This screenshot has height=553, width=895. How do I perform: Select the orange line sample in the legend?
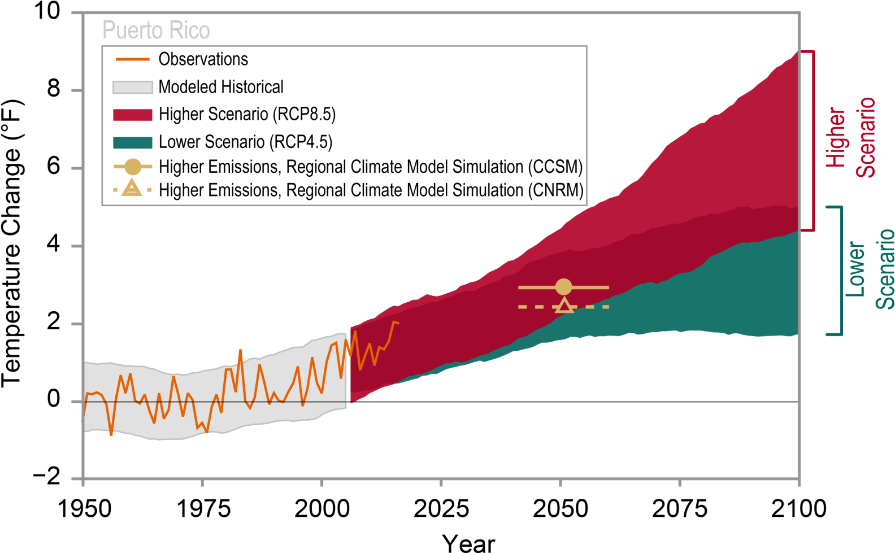(x=133, y=59)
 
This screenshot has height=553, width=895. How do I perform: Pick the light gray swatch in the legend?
(x=133, y=87)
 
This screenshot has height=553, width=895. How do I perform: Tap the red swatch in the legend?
(x=133, y=115)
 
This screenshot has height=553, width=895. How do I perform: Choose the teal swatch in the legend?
(x=133, y=143)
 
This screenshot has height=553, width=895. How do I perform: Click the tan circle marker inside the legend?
(x=133, y=167)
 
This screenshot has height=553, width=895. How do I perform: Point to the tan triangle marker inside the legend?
(x=132, y=188)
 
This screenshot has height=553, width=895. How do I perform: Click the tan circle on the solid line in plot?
(x=563, y=287)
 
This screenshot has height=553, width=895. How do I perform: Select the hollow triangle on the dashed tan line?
(x=564, y=306)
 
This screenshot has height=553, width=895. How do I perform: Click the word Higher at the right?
(x=836, y=137)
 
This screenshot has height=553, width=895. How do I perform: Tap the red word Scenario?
(x=865, y=137)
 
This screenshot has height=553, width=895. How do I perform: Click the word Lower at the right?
(x=855, y=269)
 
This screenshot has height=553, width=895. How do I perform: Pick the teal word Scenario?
(x=884, y=269)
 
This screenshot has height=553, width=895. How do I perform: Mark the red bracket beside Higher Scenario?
(x=813, y=140)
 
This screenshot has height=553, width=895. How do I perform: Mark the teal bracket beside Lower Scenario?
(x=841, y=270)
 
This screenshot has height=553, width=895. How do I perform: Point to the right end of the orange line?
(x=398, y=323)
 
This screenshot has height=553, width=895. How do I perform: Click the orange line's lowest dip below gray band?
(x=111, y=435)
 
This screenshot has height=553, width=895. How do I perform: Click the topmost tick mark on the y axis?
(x=77, y=12)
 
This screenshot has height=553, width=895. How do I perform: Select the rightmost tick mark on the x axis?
(x=799, y=483)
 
